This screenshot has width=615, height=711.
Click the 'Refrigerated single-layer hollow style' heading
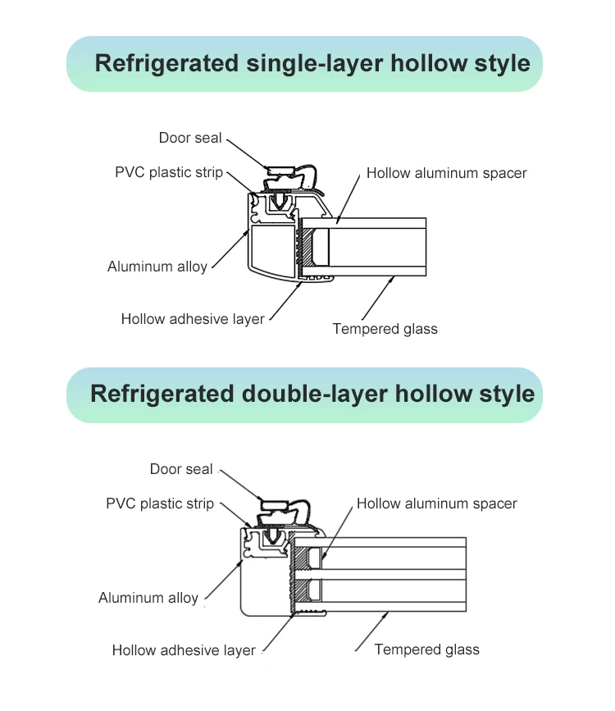(x=312, y=63)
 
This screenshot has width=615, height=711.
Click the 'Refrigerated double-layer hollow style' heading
(x=312, y=394)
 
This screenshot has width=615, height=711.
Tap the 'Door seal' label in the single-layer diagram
(x=190, y=138)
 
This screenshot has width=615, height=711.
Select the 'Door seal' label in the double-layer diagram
(x=180, y=469)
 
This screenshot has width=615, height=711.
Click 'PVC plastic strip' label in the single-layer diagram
(x=168, y=173)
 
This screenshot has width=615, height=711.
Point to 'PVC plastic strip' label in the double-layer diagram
(x=159, y=504)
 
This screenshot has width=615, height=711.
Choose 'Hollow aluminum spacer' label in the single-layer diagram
(x=446, y=173)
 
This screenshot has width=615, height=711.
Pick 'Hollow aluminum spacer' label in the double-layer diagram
(x=437, y=504)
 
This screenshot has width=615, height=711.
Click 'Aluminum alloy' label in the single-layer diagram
(x=157, y=267)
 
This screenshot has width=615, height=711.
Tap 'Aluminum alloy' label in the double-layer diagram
(x=148, y=598)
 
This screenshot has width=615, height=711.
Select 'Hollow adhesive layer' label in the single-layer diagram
(x=193, y=319)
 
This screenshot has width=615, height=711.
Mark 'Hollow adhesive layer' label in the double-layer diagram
(x=184, y=650)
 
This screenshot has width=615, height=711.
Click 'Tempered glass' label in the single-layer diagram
(x=385, y=329)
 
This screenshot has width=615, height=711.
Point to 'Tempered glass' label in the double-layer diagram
(x=426, y=649)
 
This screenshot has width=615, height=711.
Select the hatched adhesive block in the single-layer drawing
(x=308, y=247)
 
